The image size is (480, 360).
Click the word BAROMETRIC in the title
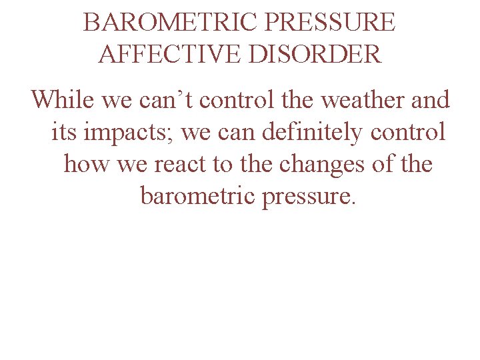coord(171,23)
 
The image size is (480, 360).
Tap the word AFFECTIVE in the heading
coord(171,53)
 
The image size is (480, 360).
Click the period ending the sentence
coord(354,203)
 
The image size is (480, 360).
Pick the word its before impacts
coord(63,132)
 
